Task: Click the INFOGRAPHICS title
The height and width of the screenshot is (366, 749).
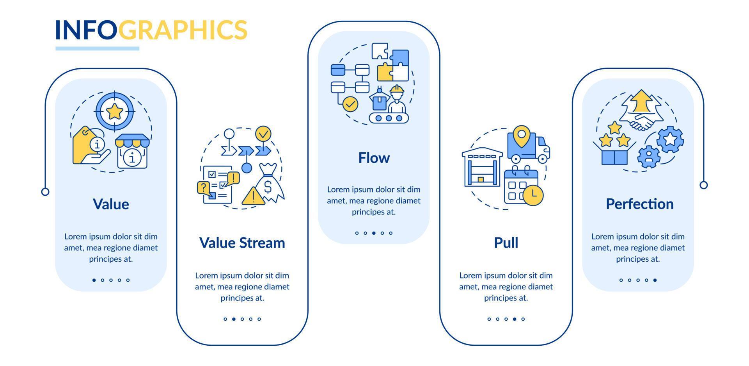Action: [x=151, y=30]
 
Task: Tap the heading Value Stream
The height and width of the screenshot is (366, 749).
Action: [x=242, y=243]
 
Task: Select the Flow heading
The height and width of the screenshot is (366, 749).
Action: [x=374, y=158]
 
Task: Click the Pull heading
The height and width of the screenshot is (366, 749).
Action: [x=506, y=243]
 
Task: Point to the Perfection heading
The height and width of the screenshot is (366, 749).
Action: [x=640, y=204]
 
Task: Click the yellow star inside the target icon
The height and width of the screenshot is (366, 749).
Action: [x=115, y=112]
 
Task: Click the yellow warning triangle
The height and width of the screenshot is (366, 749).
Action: [x=253, y=196]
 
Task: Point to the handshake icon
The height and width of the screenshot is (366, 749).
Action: [x=641, y=122]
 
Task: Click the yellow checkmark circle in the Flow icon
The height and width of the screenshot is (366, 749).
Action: [x=350, y=104]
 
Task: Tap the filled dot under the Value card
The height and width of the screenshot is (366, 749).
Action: [x=94, y=280]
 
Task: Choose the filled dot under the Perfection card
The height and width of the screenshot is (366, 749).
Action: [x=655, y=280]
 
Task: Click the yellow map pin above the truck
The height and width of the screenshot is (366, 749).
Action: [x=521, y=136]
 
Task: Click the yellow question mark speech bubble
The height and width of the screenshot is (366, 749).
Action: [x=203, y=188]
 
